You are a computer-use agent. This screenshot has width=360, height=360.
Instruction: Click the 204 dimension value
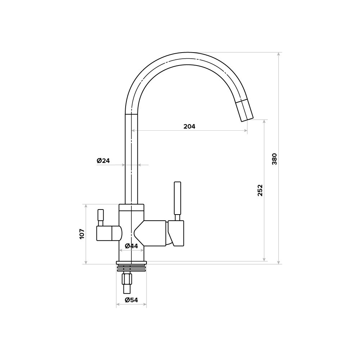(x=189, y=126)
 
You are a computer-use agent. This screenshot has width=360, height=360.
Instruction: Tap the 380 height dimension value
(x=275, y=159)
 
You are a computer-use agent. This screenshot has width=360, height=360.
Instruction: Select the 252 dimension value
(x=260, y=190)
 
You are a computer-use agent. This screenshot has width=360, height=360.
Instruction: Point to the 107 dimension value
(x=82, y=234)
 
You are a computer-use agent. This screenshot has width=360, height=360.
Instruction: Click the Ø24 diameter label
(x=103, y=161)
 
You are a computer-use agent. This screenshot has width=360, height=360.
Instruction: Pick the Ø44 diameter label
(x=131, y=246)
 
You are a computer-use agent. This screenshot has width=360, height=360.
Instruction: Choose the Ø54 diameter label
(x=131, y=300)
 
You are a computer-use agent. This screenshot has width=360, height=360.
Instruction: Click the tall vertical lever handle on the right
(x=177, y=198)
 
